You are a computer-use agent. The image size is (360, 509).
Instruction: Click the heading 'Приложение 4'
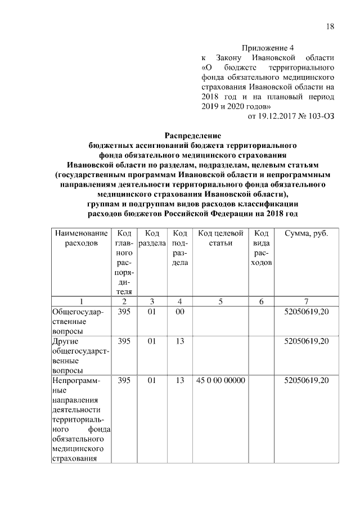click(x=267, y=48)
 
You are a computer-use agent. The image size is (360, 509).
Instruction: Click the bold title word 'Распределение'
click(x=192, y=136)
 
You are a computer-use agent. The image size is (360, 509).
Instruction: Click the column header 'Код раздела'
click(x=151, y=238)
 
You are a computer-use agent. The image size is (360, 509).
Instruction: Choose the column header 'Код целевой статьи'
click(x=220, y=238)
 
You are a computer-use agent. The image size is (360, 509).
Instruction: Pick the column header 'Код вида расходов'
click(x=261, y=248)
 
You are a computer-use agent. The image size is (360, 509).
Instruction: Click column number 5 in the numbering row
click(x=220, y=301)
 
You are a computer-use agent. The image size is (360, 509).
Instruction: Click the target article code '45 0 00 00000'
click(x=220, y=381)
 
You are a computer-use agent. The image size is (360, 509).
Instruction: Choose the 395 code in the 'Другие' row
click(x=124, y=341)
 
